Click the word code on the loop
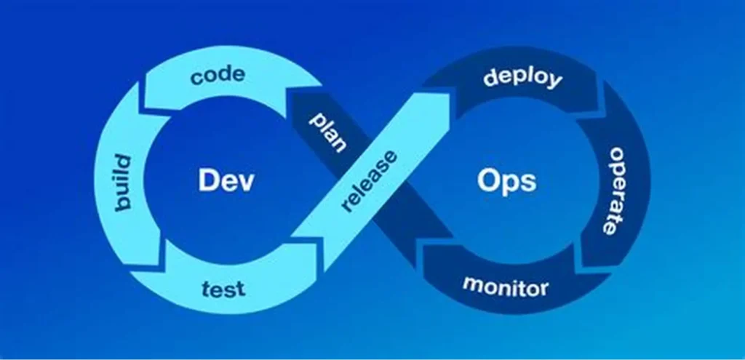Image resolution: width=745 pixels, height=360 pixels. click(x=218, y=74)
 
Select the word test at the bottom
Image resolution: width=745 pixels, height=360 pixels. click(x=223, y=289)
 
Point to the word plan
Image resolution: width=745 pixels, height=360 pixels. click(x=327, y=132)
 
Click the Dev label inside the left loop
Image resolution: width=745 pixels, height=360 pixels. click(x=226, y=180)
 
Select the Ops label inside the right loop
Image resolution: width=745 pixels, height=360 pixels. click(x=507, y=180)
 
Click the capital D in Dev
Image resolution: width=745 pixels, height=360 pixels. click(x=210, y=180)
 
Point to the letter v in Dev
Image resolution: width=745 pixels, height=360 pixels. click(x=246, y=182)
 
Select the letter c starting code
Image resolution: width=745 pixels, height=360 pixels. click(x=197, y=77)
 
